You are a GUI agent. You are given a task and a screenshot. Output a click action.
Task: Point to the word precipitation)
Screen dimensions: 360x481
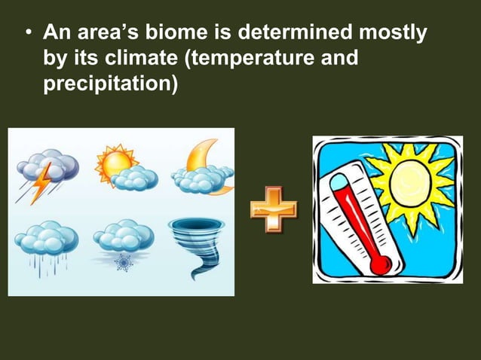coord(110,82)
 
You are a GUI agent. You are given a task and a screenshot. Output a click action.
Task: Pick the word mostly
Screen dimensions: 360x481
coord(391,34)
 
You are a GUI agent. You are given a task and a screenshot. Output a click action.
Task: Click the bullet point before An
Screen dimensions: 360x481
coord(28,35)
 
